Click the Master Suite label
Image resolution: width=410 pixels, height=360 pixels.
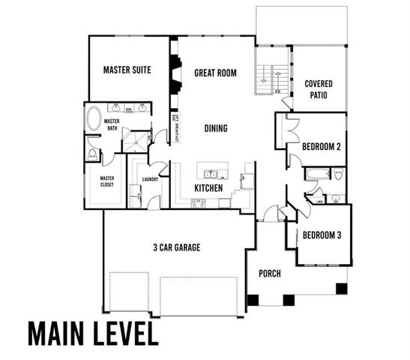pyautogui.click(x=127, y=70)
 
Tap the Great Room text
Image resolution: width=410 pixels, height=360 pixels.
pyautogui.click(x=215, y=73)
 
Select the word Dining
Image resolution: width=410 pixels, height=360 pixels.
pyautogui.click(x=216, y=128)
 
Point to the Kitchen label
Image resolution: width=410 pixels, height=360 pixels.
pyautogui.click(x=208, y=187)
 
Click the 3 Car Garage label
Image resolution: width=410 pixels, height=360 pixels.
pyautogui.click(x=175, y=247)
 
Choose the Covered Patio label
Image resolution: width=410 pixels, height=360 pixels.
pyautogui.click(x=319, y=90)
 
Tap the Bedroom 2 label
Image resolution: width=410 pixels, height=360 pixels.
pyautogui.click(x=322, y=147)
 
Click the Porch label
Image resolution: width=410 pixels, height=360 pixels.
pyautogui.click(x=269, y=274)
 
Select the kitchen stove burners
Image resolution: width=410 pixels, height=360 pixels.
pyautogui.click(x=199, y=202)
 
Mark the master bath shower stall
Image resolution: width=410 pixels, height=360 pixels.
pyautogui.click(x=136, y=140)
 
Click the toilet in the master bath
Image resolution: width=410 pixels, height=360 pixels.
pyautogui.click(x=92, y=154)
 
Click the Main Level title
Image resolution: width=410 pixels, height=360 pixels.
pyautogui.click(x=94, y=334)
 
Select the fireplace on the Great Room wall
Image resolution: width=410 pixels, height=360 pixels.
pyautogui.click(x=174, y=75)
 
